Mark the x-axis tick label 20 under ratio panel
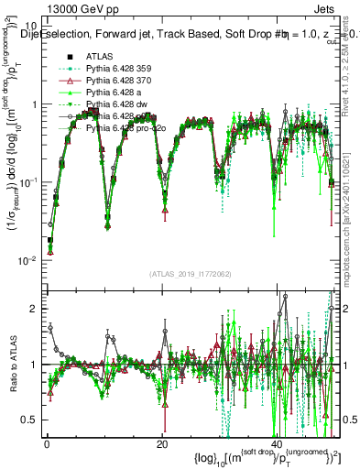[162, 444]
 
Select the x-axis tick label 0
[45, 444]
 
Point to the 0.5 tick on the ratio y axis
[33, 420]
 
